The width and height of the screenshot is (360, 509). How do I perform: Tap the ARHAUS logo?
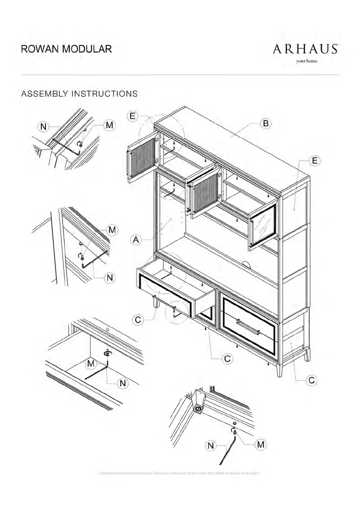click(x=305, y=49)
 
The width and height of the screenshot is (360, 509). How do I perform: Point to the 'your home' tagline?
click(x=307, y=61)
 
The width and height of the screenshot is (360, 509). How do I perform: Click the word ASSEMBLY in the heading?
click(x=44, y=94)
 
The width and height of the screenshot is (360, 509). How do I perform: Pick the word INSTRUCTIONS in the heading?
click(x=104, y=94)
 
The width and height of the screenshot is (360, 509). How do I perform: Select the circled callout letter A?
click(x=136, y=240)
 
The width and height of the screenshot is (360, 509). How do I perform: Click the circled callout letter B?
click(x=266, y=123)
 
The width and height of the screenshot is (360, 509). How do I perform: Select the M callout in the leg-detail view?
click(x=261, y=444)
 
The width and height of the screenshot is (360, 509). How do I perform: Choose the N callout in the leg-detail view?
click(x=211, y=446)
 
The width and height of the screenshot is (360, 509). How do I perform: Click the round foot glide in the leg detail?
click(x=198, y=409)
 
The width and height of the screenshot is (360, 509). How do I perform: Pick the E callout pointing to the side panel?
click(x=315, y=160)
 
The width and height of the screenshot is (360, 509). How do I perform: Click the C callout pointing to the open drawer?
click(x=138, y=319)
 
